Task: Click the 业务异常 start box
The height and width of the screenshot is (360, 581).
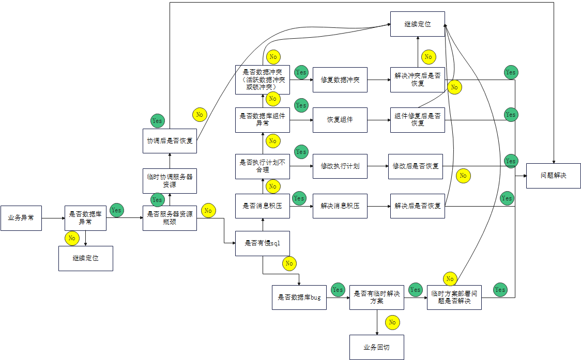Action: coord(21,218)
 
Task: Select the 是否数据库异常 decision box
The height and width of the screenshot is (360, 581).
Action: coord(85,218)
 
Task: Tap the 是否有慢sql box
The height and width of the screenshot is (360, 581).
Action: coord(263,243)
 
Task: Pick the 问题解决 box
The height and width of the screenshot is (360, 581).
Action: coord(554,175)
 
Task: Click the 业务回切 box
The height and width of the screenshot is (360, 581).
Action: coord(376,347)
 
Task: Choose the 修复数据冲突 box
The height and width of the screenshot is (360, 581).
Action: coord(340,80)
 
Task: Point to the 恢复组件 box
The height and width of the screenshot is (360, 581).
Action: coord(340,120)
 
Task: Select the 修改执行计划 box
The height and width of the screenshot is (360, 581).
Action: coord(340,166)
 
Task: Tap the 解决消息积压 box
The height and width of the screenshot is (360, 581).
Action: coord(340,206)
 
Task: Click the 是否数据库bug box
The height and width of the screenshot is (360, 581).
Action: coord(299,298)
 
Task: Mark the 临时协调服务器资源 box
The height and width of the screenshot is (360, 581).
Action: coord(170,181)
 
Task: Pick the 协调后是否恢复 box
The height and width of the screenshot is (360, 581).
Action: coord(170,141)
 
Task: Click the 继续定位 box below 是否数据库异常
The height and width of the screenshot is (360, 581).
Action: coord(85,258)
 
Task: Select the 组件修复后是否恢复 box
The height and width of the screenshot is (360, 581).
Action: coord(417,120)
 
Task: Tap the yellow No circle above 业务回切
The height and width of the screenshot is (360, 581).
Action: coord(392,322)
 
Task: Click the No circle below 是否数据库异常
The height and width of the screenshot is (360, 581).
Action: coord(72,238)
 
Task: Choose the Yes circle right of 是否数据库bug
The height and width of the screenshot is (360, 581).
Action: coord(338,290)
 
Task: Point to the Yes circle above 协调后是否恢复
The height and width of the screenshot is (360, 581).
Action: coord(157,121)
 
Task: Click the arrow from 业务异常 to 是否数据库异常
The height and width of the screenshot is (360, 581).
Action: coord(53,218)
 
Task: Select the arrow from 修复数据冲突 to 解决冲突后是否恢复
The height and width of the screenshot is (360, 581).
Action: coord(378,80)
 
